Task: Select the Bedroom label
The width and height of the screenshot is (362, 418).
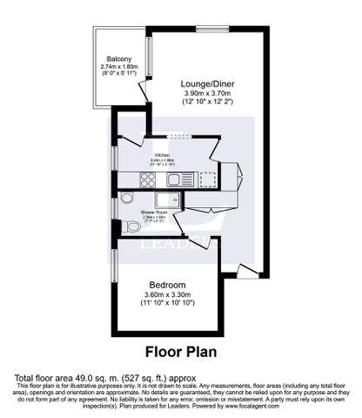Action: coord(166,285)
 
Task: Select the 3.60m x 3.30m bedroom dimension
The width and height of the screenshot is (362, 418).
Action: coord(166,295)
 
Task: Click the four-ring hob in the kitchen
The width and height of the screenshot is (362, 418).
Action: coord(146,180)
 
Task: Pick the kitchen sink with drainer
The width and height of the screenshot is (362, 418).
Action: coord(181,180)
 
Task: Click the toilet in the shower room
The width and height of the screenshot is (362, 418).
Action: coord(132,226)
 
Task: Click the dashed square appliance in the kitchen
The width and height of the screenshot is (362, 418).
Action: coord(207,179)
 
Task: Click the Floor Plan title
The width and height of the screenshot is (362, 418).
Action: coord(180,354)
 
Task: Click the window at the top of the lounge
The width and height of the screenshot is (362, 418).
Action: coord(209,30)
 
